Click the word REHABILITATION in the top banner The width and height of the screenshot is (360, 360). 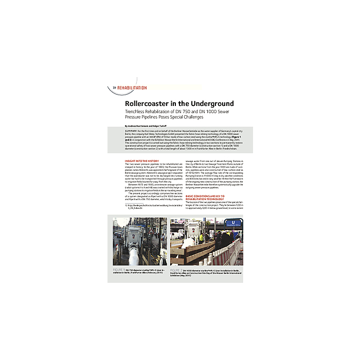(132, 88)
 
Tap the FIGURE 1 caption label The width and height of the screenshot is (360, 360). (118, 269)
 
